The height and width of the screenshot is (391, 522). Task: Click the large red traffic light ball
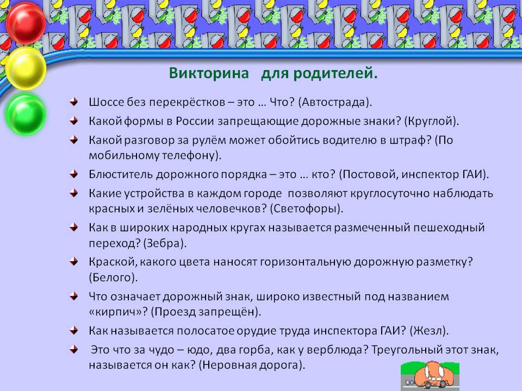[26, 23]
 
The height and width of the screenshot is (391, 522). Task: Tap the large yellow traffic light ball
[26, 68]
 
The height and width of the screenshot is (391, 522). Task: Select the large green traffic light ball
[26, 115]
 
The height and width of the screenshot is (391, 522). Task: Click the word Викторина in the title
[209, 73]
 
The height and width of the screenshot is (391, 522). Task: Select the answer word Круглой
[431, 121]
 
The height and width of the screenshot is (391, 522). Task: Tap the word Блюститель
[121, 174]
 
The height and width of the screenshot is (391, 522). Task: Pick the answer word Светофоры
[305, 209]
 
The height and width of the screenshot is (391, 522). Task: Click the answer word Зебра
[164, 243]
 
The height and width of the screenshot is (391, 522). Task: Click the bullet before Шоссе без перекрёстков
[74, 102]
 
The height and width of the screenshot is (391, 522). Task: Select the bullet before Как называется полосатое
[74, 331]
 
